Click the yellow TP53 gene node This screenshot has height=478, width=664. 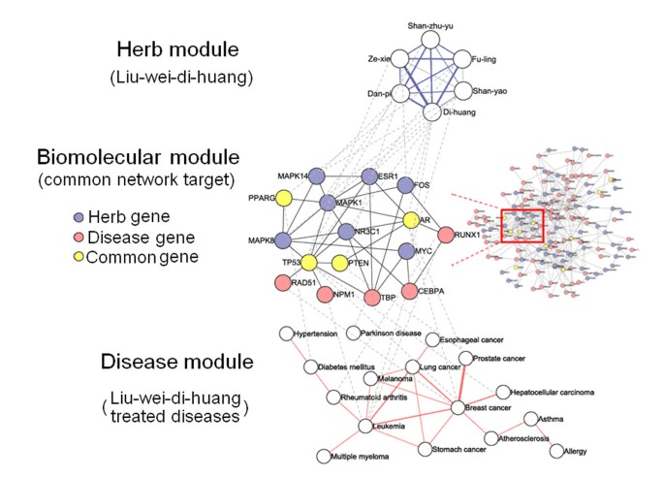[x=309, y=263]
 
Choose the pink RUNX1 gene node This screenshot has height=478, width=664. [x=446, y=235]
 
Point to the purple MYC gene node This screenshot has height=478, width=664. [x=408, y=251]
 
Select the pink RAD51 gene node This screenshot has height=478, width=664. [x=283, y=283]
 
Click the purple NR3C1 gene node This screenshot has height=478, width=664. [x=346, y=232]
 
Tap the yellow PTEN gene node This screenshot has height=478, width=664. [x=340, y=264]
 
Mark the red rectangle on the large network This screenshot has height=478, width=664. [x=522, y=225]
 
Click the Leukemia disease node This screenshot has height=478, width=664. [x=364, y=426]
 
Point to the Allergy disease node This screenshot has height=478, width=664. [x=556, y=451]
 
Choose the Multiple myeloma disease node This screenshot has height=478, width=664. [x=323, y=456]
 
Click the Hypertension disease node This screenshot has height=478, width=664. [x=286, y=334]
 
